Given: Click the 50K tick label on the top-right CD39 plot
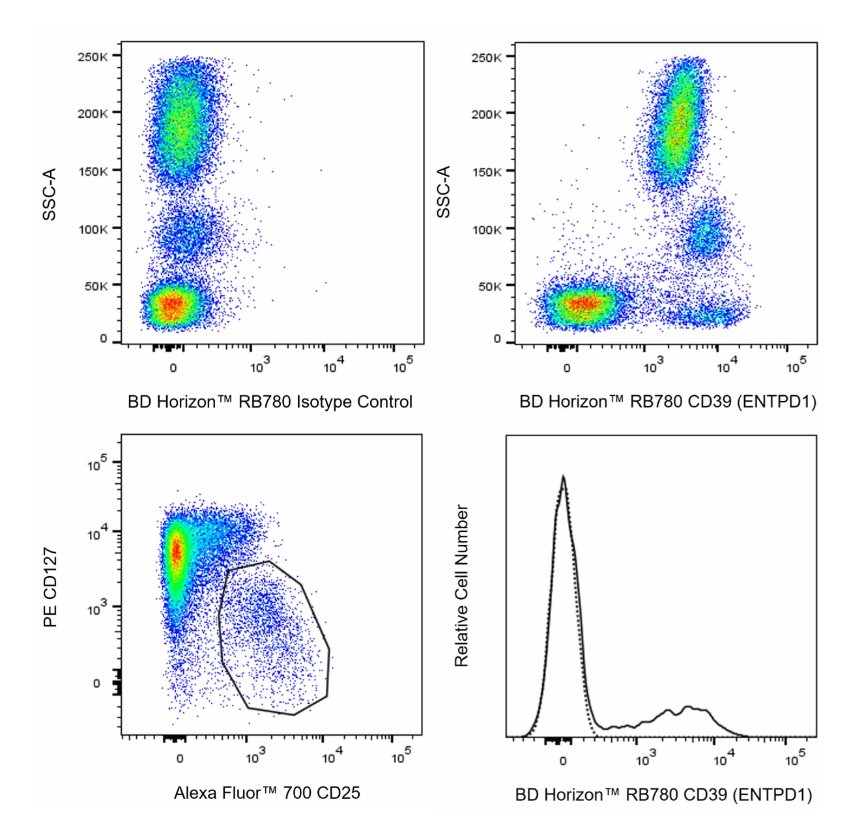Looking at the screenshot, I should point(489,286).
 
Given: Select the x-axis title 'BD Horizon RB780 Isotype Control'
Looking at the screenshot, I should point(270,402).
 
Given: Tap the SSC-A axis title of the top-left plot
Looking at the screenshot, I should point(50,194).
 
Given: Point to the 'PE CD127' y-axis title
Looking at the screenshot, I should point(50,587).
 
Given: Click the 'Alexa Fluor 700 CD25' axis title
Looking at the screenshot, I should point(267,792).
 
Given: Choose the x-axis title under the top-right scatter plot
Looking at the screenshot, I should point(667,402).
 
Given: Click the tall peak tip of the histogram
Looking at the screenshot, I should point(563,477).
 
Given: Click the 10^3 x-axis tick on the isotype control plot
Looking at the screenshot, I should point(259,367).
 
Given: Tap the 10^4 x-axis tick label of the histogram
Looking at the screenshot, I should point(723,758).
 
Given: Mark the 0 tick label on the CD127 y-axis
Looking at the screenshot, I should point(96,683).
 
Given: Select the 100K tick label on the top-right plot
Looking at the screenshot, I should point(487,229).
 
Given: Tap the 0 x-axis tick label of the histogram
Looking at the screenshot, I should point(563,759).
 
